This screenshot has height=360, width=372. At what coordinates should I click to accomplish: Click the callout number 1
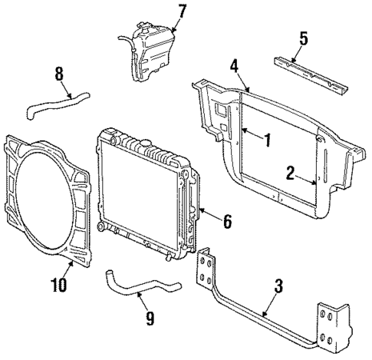coord(267,140)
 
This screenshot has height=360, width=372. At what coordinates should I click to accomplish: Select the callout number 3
coord(278,286)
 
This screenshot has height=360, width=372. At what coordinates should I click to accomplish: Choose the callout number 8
coord(60,76)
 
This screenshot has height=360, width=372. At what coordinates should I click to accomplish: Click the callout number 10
coord(58,285)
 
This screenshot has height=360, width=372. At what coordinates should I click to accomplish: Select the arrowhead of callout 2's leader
coord(314,182)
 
